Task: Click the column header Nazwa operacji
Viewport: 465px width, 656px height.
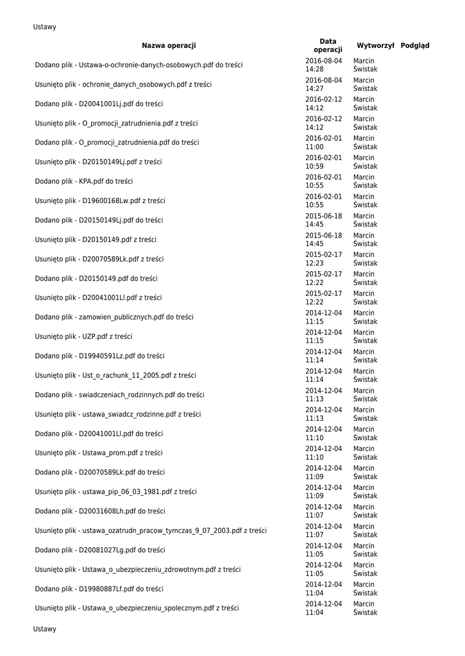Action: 169,45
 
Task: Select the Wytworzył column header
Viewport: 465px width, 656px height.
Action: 375,45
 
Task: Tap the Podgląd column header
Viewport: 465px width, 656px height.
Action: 415,45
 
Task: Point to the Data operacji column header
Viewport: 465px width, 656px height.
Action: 328,45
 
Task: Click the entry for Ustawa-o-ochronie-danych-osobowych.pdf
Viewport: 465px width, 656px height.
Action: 139,65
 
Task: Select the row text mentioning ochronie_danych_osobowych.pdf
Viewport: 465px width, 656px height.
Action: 123,85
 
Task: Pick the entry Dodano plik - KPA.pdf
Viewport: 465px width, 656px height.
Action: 83,181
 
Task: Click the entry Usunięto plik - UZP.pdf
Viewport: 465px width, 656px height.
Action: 83,336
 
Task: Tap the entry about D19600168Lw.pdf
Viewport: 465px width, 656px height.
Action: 100,201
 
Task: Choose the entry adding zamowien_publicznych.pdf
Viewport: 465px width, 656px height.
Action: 114,317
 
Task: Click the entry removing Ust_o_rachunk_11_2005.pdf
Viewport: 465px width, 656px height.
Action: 115,375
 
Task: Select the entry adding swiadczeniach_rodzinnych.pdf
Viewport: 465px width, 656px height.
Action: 119,395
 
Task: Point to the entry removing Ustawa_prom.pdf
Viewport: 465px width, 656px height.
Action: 99,453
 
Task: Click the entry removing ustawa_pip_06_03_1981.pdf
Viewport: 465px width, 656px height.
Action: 115,492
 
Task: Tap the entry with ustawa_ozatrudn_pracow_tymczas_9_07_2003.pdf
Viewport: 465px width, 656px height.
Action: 151,530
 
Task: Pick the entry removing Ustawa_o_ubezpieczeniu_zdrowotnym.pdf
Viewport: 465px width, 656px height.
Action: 138,570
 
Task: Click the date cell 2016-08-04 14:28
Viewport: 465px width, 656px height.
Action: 324,65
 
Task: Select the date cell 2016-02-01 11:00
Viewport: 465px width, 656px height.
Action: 324,142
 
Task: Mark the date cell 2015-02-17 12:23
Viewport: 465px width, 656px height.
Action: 324,259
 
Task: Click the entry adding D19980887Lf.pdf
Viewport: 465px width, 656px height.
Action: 99,589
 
